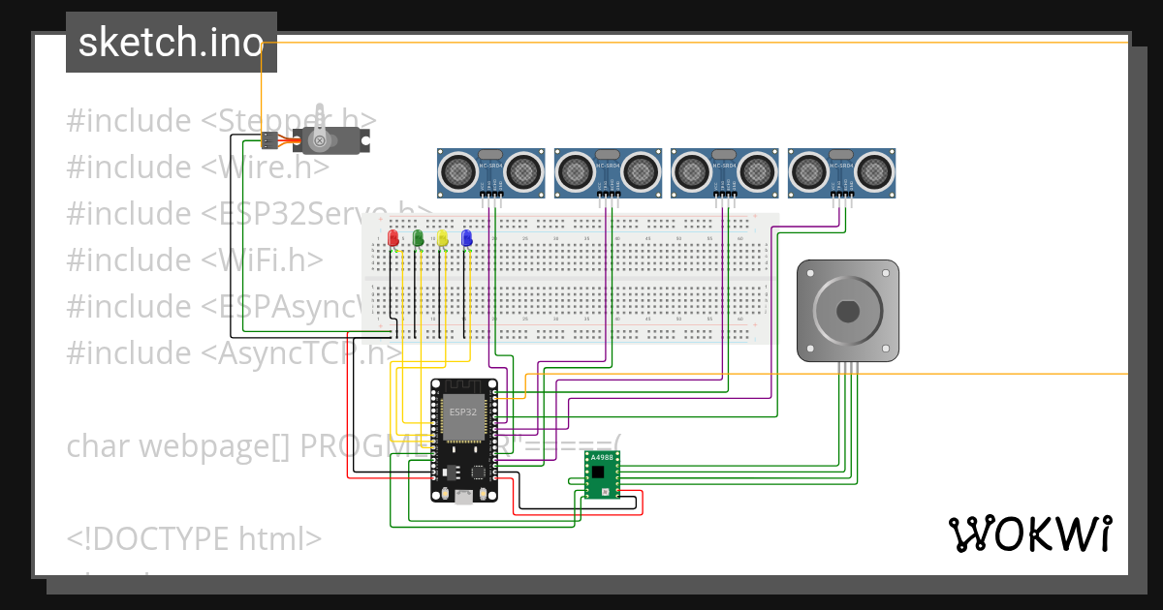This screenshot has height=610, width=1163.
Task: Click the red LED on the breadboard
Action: pyautogui.click(x=393, y=238)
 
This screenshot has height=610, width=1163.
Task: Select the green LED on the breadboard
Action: pyautogui.click(x=418, y=238)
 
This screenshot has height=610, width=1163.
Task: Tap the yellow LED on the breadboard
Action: pyautogui.click(x=443, y=238)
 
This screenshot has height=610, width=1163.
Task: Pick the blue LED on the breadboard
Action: pyautogui.click(x=467, y=238)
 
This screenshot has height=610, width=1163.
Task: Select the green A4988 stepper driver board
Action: pyautogui.click(x=602, y=474)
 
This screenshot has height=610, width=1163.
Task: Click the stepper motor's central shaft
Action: pyautogui.click(x=848, y=312)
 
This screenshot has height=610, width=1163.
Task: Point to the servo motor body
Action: pyautogui.click(x=330, y=140)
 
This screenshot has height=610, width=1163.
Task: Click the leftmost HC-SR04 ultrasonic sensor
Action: pyautogui.click(x=490, y=172)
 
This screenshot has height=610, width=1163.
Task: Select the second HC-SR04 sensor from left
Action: pyautogui.click(x=607, y=172)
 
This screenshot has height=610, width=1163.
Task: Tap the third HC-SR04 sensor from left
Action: pyautogui.click(x=723, y=172)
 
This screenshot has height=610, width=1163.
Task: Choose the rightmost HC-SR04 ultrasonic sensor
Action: pyautogui.click(x=841, y=172)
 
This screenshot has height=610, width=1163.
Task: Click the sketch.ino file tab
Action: pyautogui.click(x=172, y=43)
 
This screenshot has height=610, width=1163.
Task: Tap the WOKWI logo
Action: pyautogui.click(x=1029, y=534)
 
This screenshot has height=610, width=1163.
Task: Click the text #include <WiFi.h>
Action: pyautogui.click(x=195, y=259)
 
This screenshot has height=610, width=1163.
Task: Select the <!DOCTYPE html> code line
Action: pyautogui.click(x=195, y=538)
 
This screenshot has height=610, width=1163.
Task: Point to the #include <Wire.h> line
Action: pyautogui.click(x=199, y=167)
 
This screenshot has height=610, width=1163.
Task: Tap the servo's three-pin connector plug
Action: pyautogui.click(x=270, y=140)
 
